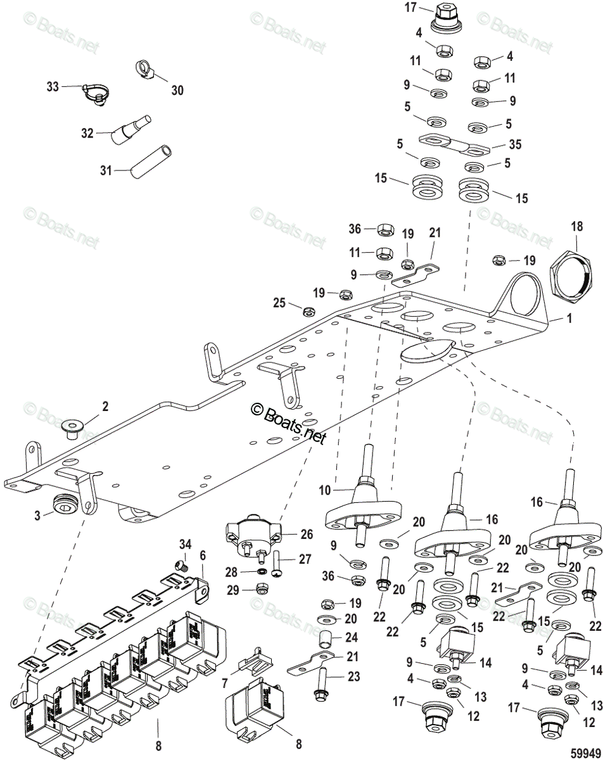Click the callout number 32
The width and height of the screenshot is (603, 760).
(x=87, y=133)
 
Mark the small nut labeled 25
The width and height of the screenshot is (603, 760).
(x=310, y=311)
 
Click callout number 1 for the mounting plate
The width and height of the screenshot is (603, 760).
(x=569, y=319)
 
